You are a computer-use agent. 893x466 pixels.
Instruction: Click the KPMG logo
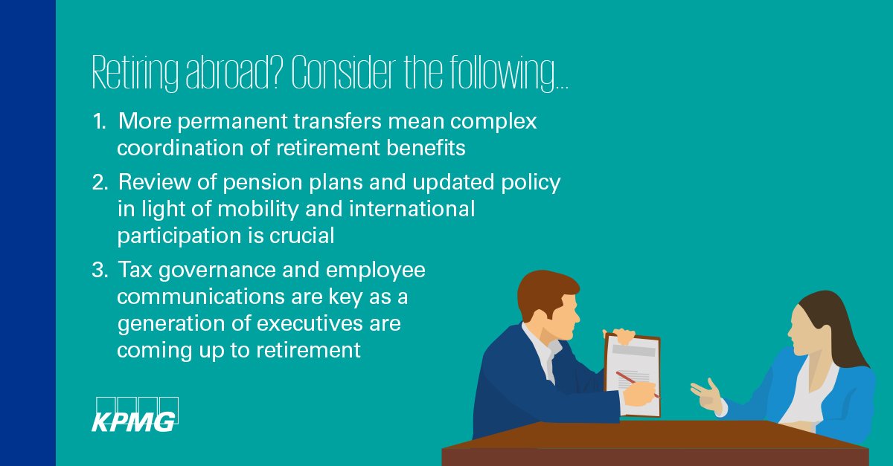coord(134,414)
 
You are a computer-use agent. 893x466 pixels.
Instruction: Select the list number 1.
coord(98,122)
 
